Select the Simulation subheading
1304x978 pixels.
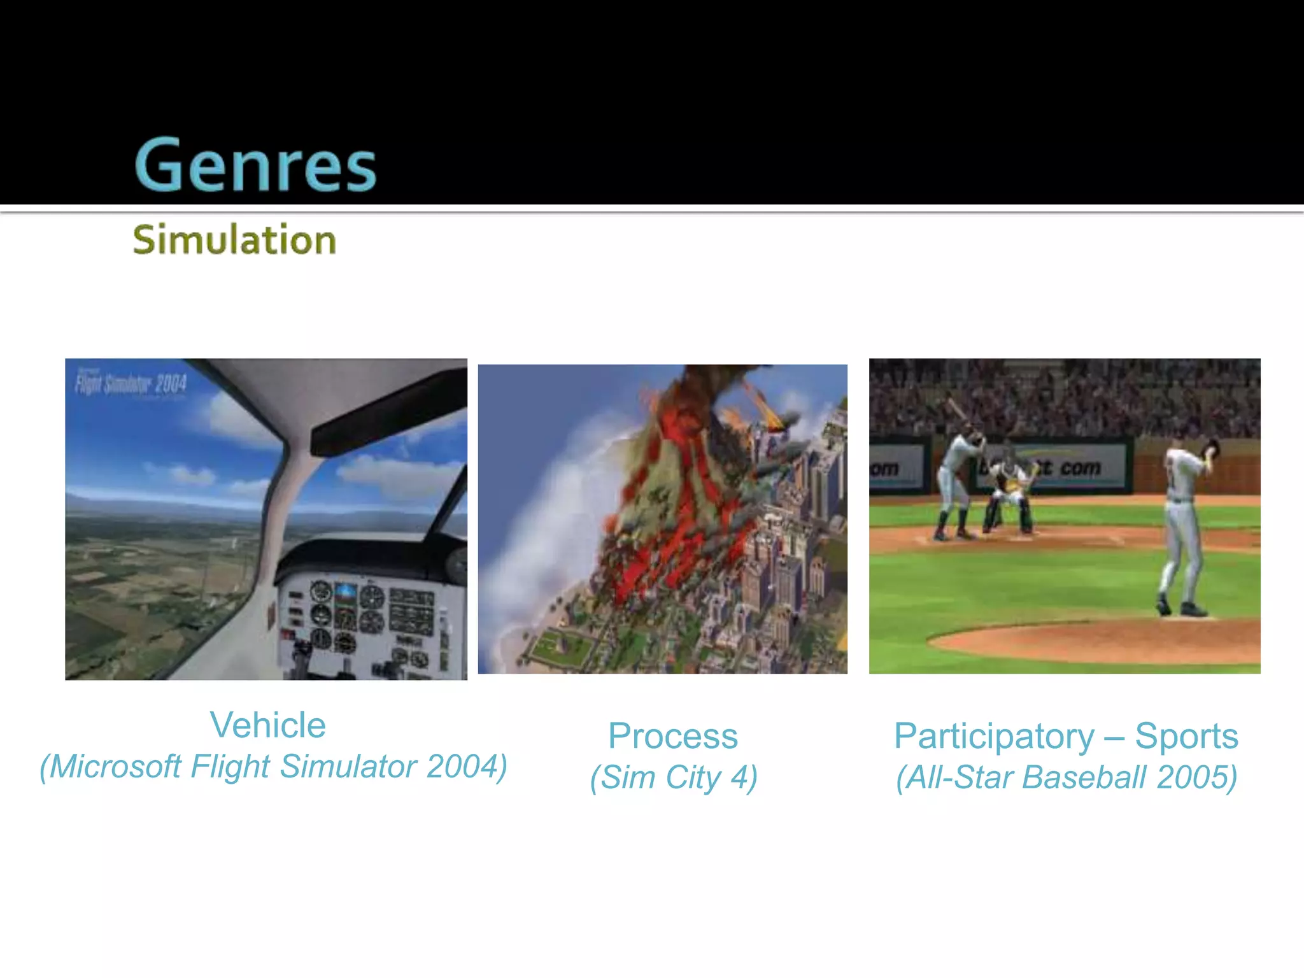coord(234,240)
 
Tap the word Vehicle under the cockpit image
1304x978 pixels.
coord(267,725)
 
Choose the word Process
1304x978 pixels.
coord(672,736)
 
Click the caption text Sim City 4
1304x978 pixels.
coord(674,777)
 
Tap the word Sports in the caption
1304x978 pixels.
coord(1186,736)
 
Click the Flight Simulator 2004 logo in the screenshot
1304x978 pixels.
coord(131,384)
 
